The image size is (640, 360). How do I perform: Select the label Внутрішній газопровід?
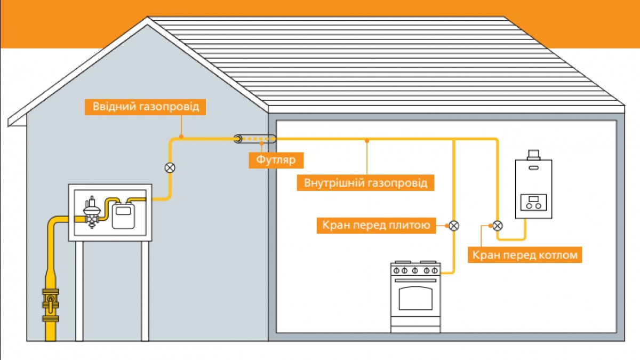coord(366,183)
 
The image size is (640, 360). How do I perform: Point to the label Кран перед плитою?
coord(375,226)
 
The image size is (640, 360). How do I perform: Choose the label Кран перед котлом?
coord(525,255)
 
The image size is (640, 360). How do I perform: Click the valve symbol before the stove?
coord(453,226)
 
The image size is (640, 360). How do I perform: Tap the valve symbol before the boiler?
coord(498,225)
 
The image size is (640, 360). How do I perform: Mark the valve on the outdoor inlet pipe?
coord(170,167)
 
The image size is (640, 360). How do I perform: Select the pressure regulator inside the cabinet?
coord(93,211)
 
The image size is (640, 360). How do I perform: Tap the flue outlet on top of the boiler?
coord(533,155)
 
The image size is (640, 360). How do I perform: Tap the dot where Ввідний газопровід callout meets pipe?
coord(181,137)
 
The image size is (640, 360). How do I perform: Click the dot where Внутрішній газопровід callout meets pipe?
coord(367,141)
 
